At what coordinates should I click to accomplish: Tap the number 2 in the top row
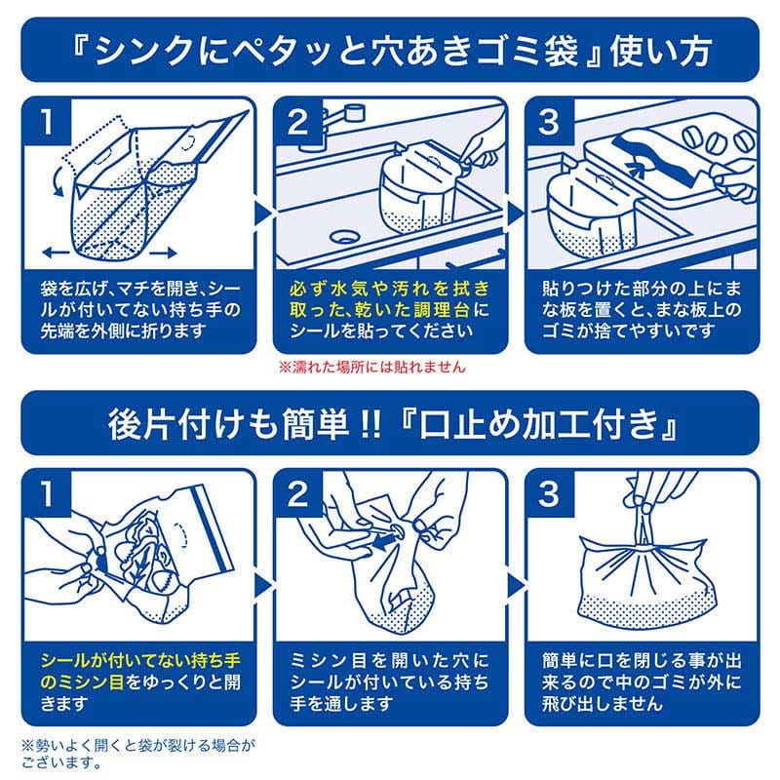pyautogui.click(x=297, y=122)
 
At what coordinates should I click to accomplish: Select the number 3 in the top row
pyautogui.click(x=549, y=122)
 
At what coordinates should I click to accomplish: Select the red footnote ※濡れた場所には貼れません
pyautogui.click(x=371, y=368)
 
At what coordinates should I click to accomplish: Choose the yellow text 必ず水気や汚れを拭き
pyautogui.click(x=389, y=290)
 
